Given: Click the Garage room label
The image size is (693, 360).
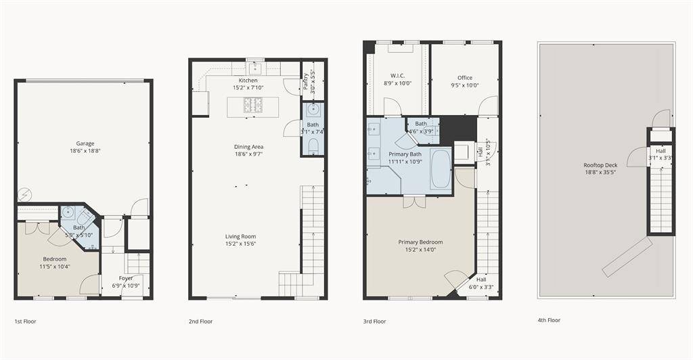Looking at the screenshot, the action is tap(85, 143).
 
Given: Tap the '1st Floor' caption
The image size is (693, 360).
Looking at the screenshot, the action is tap(25, 321).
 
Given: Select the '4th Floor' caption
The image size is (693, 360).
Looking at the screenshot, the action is tap(549, 320).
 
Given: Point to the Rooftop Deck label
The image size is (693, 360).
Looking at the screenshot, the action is tap(601, 165).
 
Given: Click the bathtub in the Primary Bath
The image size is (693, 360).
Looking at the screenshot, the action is tap(441, 170).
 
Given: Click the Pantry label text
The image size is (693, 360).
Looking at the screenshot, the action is tap(307, 81).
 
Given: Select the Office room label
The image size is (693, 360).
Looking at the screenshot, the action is tap(465, 78).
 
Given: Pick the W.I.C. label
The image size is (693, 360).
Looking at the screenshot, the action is tap(398, 76).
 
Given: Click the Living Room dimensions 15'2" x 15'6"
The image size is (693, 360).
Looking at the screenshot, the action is tap(241, 244).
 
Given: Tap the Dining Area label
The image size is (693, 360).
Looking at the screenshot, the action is tap(249, 147).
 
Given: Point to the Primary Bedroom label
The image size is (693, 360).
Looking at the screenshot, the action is tap(420, 242).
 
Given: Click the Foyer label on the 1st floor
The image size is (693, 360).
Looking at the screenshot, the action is tap(126, 278).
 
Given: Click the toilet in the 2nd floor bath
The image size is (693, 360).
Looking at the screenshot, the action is tap(313, 147).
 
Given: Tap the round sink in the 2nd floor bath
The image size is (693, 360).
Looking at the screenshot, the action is tap(313, 109).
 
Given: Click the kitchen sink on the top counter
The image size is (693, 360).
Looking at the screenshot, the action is tap(254, 68).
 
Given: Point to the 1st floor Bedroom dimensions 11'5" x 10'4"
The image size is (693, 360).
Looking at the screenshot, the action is tap(55, 267).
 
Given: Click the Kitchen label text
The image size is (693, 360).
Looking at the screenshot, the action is tap(248, 81).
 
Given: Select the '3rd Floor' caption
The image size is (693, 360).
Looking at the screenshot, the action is tap(374, 321).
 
